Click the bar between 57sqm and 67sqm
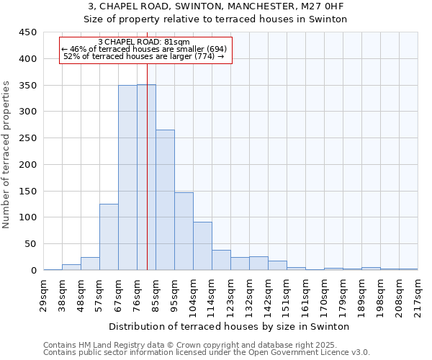coord(109,237)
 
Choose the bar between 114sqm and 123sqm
coord(221,260)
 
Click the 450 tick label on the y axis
coord(27,32)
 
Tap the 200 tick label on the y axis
coord(27,165)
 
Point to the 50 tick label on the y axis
coord(30,244)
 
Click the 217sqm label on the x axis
coord(418,295)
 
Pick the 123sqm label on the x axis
coord(230,295)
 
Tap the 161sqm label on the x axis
coord(305,295)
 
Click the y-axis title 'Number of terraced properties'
coord(6,154)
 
